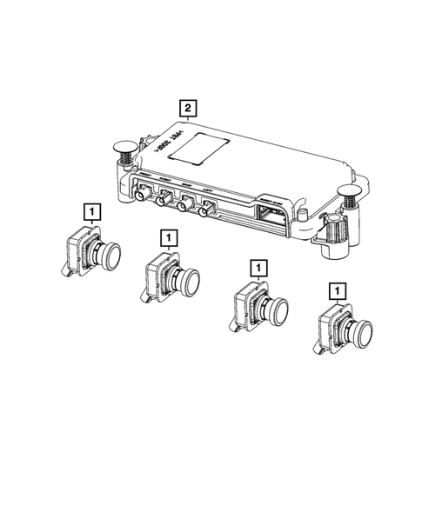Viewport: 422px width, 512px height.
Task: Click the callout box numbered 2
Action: [187, 110]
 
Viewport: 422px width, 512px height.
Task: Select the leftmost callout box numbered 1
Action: [89, 210]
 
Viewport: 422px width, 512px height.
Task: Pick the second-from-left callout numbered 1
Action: [168, 236]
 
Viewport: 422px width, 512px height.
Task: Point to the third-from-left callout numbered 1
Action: [257, 268]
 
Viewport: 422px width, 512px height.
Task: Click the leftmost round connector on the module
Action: [140, 199]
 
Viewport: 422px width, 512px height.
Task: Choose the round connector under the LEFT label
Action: [207, 209]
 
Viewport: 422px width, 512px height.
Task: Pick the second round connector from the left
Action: [162, 203]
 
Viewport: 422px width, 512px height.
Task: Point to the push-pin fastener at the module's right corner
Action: [351, 196]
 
